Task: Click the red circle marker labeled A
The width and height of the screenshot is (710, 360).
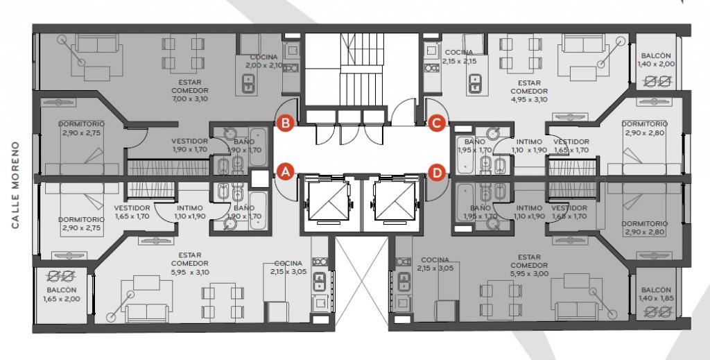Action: click(285, 172)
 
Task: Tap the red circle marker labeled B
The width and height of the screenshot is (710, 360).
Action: click(286, 123)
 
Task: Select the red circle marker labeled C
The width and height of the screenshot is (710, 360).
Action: click(437, 123)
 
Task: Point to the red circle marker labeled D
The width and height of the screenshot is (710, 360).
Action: click(437, 173)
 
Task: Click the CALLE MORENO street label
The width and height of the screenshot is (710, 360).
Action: click(16, 185)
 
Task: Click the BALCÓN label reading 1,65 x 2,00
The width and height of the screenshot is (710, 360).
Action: click(62, 294)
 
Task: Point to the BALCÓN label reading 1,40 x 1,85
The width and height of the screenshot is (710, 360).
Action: click(656, 294)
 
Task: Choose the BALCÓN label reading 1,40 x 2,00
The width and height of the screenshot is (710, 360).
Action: click(656, 60)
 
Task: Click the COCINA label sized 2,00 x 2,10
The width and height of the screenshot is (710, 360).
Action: click(264, 61)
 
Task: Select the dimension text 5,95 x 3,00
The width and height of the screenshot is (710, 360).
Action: click(529, 273)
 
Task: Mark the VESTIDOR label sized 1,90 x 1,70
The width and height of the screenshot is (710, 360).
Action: click(190, 145)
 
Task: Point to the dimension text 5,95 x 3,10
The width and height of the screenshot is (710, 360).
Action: click(190, 272)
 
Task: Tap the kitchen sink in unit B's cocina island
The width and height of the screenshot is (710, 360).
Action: click(249, 83)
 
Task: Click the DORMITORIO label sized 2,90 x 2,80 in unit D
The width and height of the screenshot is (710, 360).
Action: click(644, 228)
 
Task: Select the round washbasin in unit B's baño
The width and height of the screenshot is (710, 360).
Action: click(230, 134)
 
